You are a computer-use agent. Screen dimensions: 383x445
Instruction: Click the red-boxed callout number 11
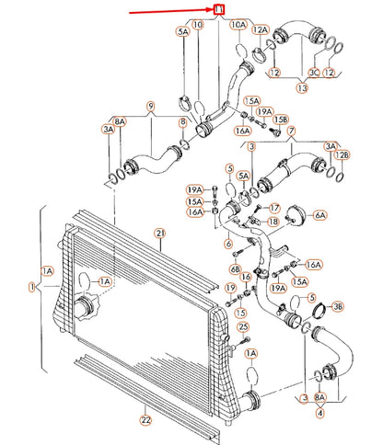click(x=219, y=9)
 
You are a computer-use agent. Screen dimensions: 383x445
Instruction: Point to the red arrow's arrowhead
click(x=211, y=10)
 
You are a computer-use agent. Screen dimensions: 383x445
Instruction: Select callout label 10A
click(x=238, y=25)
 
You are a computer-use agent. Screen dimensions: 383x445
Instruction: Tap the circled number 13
click(x=302, y=88)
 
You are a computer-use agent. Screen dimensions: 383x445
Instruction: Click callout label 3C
click(x=314, y=73)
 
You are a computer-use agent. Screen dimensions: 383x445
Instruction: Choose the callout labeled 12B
click(x=342, y=155)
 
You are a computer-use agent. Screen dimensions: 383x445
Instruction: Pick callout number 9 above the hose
click(x=151, y=107)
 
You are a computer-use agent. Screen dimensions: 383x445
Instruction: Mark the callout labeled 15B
click(x=281, y=120)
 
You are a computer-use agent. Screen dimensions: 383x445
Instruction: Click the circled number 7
click(x=291, y=131)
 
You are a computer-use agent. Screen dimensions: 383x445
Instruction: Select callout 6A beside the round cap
click(x=320, y=215)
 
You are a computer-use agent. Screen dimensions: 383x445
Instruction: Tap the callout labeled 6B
click(x=236, y=269)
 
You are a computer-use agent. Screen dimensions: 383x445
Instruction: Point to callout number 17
click(x=274, y=209)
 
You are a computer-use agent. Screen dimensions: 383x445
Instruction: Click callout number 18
click(x=273, y=222)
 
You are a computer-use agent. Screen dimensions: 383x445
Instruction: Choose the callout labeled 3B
click(x=338, y=306)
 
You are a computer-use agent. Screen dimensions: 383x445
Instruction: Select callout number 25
click(x=243, y=327)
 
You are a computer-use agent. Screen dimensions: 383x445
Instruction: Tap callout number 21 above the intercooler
click(x=160, y=234)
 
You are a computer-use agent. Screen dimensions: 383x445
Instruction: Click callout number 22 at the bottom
click(x=145, y=419)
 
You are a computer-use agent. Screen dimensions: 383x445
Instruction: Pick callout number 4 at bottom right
click(x=319, y=413)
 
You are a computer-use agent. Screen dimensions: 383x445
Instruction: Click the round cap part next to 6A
click(x=296, y=216)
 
